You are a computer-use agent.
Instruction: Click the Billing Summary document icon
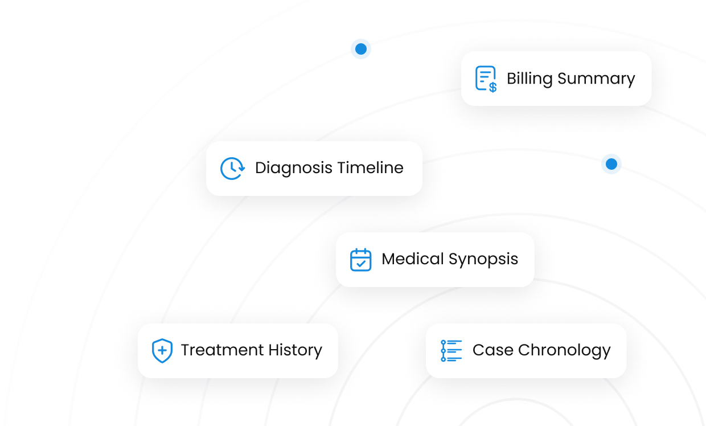point(485,79)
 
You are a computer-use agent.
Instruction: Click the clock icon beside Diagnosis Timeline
point(232,169)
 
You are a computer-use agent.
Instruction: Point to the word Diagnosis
point(293,169)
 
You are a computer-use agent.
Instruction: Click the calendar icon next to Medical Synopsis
point(360,260)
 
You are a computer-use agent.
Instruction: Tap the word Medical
point(413,259)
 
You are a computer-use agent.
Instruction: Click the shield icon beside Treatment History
point(162,350)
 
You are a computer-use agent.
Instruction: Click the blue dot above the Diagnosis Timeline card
point(361,49)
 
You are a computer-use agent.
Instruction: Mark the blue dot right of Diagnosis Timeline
point(611,164)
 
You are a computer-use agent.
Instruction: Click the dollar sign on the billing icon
point(492,87)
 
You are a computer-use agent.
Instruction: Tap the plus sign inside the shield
point(162,350)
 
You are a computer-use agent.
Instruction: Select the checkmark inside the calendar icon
point(360,263)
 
